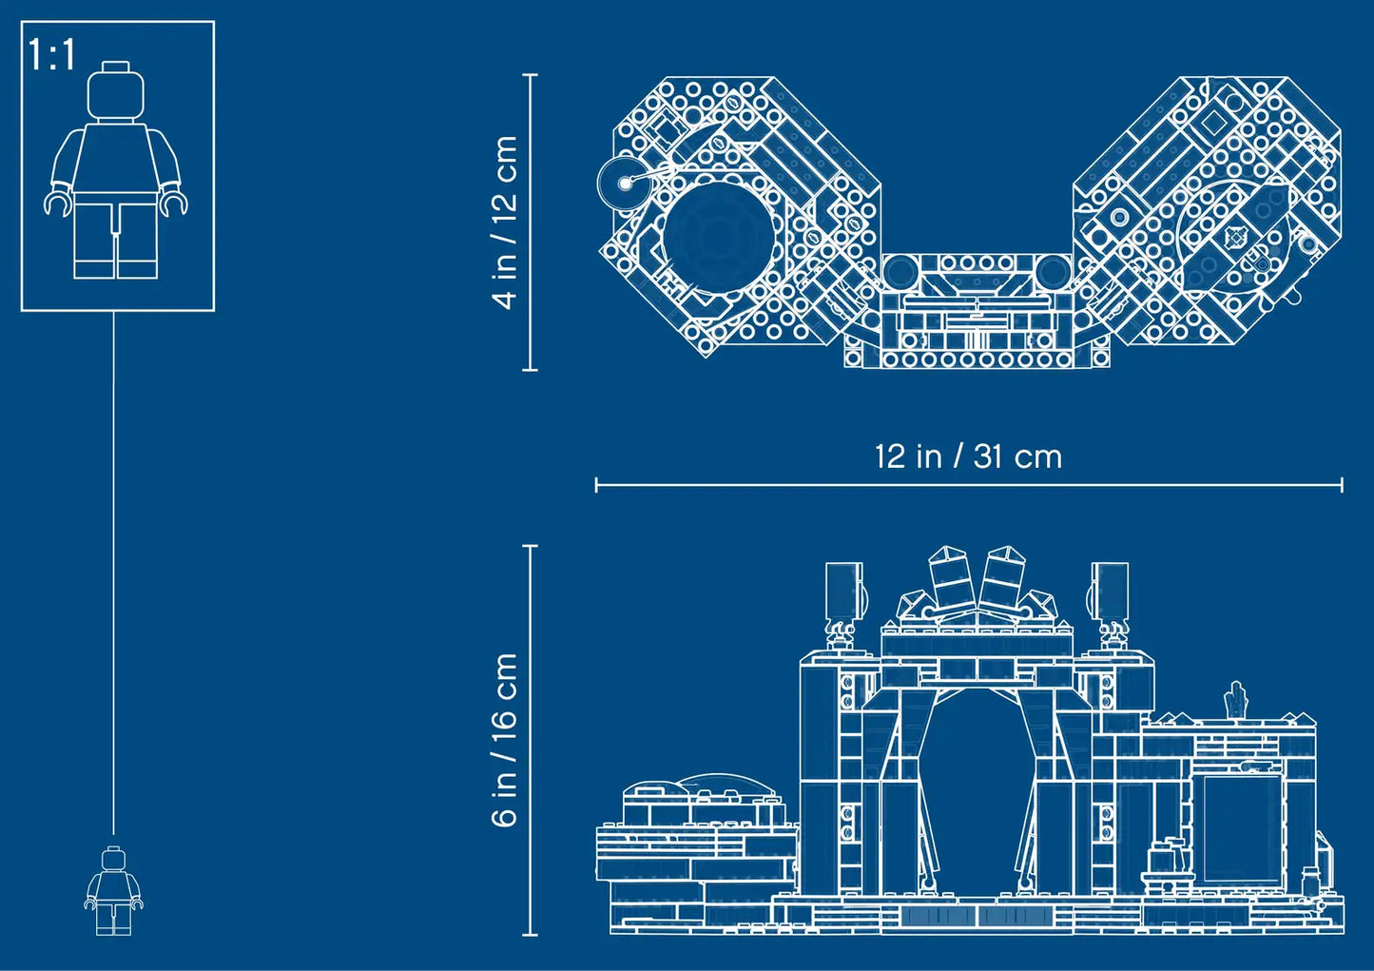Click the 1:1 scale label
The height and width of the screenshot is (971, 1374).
click(x=51, y=55)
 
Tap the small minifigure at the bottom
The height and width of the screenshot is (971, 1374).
click(x=113, y=891)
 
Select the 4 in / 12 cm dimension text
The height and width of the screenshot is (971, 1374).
click(x=505, y=222)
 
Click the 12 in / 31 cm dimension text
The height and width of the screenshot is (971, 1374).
click(x=968, y=457)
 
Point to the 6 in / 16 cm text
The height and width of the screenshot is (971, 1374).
click(x=505, y=740)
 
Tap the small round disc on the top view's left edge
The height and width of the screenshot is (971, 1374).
click(x=623, y=183)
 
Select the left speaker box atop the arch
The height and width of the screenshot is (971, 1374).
click(x=844, y=590)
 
